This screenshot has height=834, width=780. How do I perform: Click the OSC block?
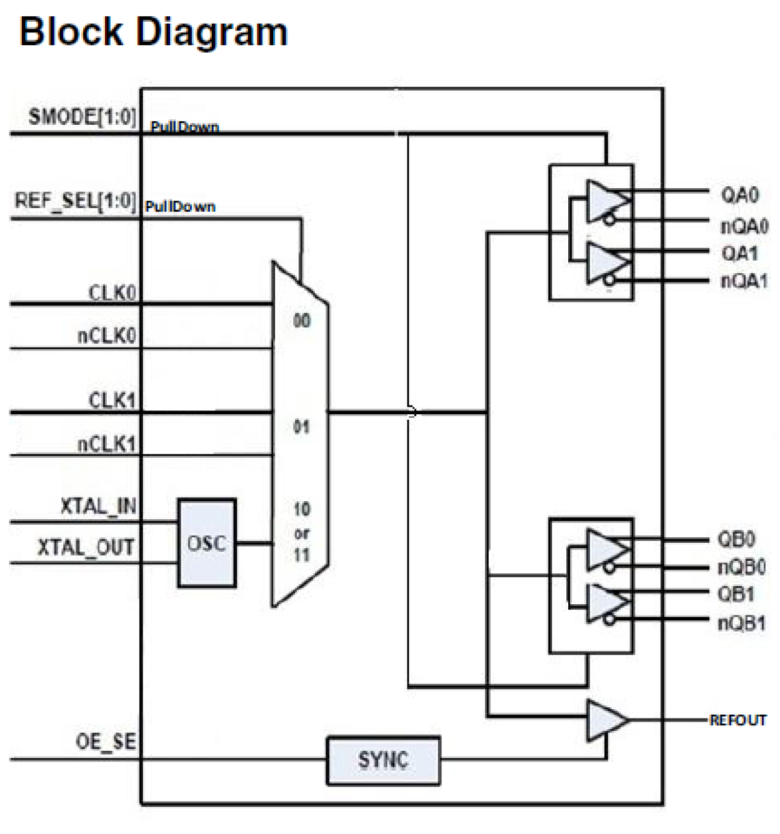point(206,543)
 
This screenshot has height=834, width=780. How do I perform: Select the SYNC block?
point(383,760)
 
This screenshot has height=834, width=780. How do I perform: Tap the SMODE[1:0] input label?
point(82,117)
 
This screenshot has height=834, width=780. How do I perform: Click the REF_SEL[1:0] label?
point(75,201)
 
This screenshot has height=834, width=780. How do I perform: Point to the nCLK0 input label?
point(106,336)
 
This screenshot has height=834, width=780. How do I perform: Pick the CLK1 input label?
point(112,400)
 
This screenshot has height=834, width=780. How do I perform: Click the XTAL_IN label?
point(98,506)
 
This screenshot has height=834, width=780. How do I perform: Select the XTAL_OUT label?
point(86,548)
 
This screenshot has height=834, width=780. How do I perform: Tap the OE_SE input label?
point(106,741)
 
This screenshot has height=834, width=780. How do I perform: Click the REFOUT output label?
point(738,720)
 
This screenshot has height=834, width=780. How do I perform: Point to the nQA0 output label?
point(744,226)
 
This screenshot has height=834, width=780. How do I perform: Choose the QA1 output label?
point(739,253)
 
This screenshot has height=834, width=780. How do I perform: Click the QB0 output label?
point(736,538)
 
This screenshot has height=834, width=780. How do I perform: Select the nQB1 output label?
point(741,623)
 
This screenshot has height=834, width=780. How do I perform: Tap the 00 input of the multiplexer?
point(302,321)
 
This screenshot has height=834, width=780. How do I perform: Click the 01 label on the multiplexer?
point(301,427)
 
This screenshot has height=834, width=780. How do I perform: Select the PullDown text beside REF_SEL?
point(180,207)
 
